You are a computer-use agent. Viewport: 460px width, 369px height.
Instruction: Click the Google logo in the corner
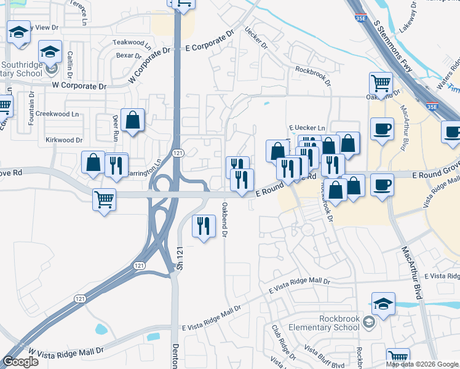click(x=20, y=362)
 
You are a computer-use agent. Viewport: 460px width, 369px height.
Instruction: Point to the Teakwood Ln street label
click(x=131, y=42)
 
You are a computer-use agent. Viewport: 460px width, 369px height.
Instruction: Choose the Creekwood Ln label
click(x=58, y=114)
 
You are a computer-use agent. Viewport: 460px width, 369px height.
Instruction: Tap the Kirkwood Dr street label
click(x=64, y=140)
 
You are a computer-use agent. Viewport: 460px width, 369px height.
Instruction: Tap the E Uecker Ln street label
click(x=307, y=128)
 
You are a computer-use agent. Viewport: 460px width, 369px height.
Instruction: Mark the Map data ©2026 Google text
click(x=421, y=364)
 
